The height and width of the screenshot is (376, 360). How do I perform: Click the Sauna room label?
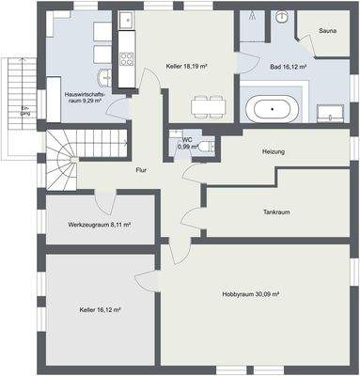click(328, 31)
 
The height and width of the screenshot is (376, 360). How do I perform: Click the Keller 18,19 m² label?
click(186, 67)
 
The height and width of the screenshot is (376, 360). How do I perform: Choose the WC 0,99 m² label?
click(188, 144)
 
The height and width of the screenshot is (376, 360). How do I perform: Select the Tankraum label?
click(276, 212)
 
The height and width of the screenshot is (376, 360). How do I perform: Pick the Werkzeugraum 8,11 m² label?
click(99, 226)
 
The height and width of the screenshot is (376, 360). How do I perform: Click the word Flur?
click(141, 170)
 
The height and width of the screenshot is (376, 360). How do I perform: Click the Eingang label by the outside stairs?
click(25, 117)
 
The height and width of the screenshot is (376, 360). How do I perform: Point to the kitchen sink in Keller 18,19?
click(128, 20)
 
